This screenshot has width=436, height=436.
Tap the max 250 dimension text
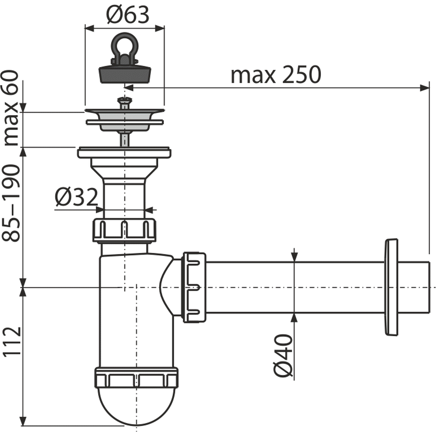tap(276, 75)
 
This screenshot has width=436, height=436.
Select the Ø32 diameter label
tap(76, 197)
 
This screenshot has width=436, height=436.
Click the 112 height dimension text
tap(12, 341)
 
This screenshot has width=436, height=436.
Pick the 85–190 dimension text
tap(11, 203)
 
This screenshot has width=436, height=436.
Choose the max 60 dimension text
tap(11, 108)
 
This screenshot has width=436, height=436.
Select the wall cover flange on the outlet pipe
tap(391, 287)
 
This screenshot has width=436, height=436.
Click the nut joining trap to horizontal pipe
tap(194, 287)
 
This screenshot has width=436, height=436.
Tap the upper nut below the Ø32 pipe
tap(124, 230)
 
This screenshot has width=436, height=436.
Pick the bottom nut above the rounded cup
tap(136, 378)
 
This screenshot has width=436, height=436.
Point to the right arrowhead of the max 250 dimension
tap(424, 88)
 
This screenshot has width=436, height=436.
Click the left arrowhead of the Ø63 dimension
tap(89, 28)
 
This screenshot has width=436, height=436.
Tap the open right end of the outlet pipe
tap(428, 287)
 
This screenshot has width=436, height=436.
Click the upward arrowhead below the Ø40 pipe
tap(294, 318)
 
